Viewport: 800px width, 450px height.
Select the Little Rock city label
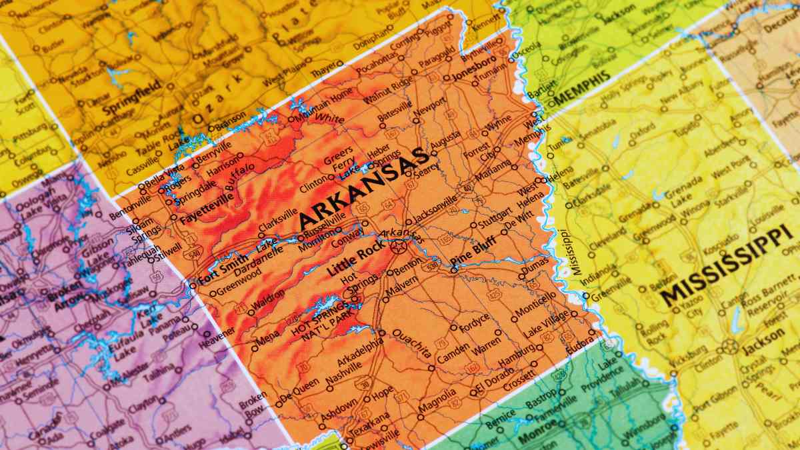[352, 261]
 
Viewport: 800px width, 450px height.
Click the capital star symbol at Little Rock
[399, 248]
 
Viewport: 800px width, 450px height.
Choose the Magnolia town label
[437, 401]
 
